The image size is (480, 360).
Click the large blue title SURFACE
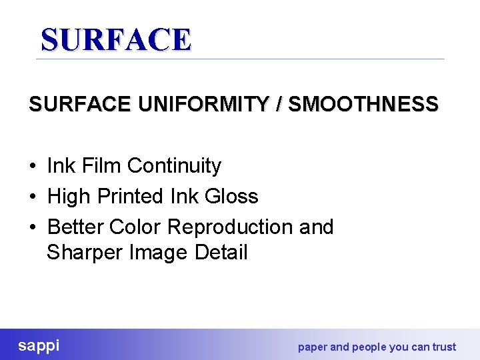116,40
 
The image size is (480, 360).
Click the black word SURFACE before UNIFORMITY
80,105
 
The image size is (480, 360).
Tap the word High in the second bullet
69,196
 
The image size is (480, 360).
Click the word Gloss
232,196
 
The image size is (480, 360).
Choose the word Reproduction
230,227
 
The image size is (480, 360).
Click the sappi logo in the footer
39,345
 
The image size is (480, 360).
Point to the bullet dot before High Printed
33,197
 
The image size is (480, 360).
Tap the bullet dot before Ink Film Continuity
33,166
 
